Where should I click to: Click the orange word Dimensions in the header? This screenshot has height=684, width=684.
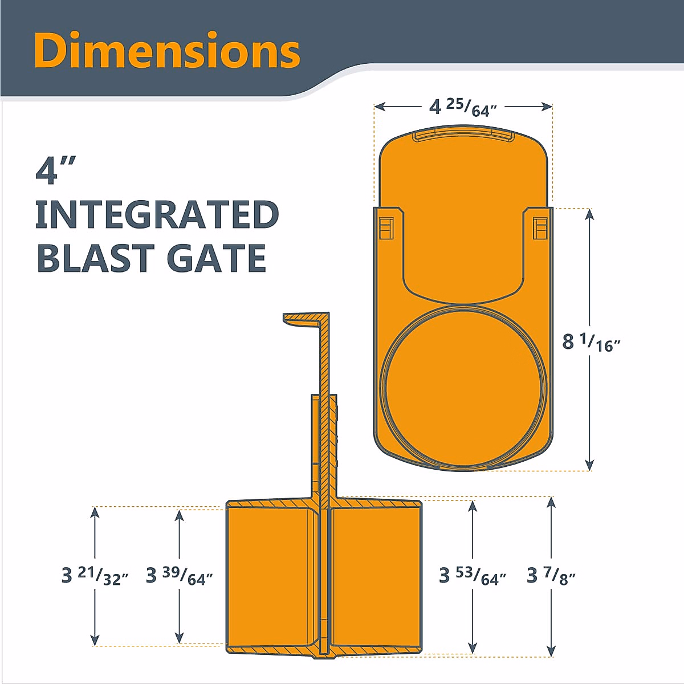pos(167,50)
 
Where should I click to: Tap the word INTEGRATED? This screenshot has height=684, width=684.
pos(157,214)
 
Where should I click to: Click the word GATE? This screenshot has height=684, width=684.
pos(217,258)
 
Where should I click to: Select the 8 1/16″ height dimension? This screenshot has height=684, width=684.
pos(591,342)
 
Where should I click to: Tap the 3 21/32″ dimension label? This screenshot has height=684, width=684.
pos(95,576)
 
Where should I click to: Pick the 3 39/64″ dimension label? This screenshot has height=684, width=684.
pos(179,576)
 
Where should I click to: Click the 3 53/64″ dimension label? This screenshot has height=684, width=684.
pos(473,576)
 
